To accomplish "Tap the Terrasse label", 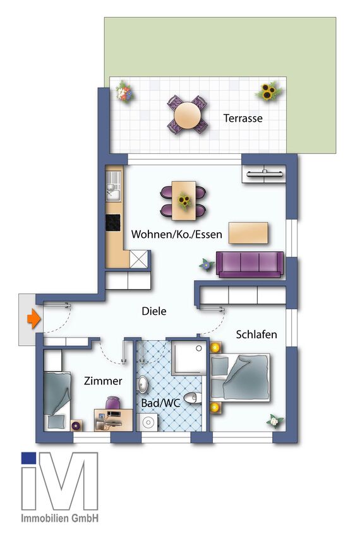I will point(243,118).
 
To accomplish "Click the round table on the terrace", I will point(188,115).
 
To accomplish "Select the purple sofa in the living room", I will point(250,263).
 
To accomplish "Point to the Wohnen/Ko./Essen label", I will point(177,235).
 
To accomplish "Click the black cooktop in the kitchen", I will point(113,223).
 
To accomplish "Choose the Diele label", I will point(154,311).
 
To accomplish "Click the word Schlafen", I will point(256,334).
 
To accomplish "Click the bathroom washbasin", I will point(143,384).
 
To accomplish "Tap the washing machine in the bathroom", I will point(150,422).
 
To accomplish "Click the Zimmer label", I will point(103,381).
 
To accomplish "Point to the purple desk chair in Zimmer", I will point(112,403).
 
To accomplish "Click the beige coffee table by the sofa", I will point(248,233).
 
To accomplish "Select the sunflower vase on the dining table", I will point(184,201).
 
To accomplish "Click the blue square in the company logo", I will point(28,458).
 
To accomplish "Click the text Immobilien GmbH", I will point(60,518).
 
